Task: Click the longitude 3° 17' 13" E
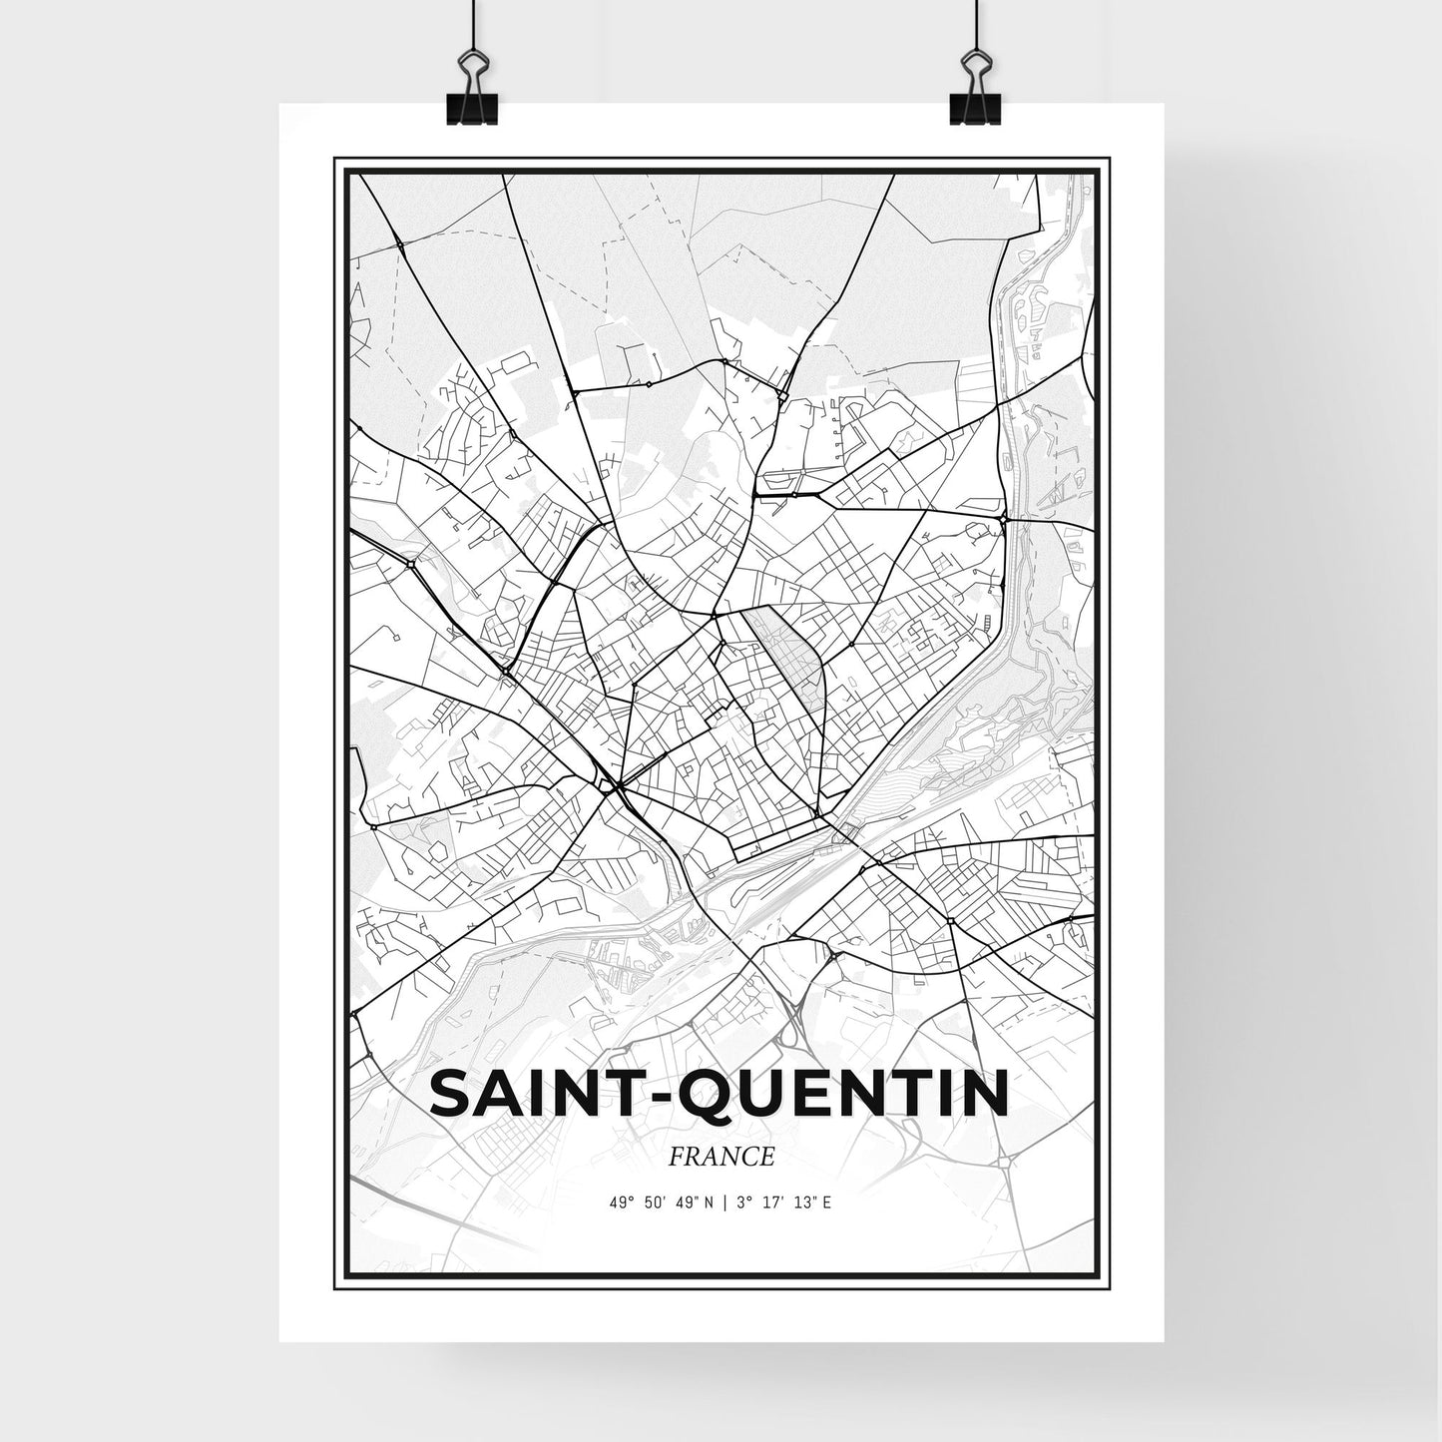coord(782,1202)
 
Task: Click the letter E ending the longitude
coord(828,1202)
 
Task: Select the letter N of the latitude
coord(709,1202)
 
